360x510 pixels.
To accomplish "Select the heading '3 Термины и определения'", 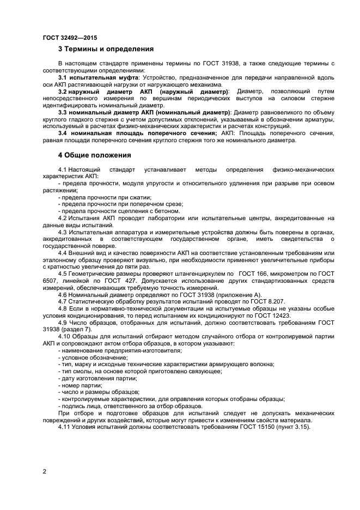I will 106,49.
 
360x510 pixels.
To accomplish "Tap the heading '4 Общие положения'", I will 94,155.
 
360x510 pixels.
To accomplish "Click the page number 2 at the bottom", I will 45,471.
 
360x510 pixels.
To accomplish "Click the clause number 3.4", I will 63,133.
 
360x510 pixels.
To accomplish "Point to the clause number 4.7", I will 63,301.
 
